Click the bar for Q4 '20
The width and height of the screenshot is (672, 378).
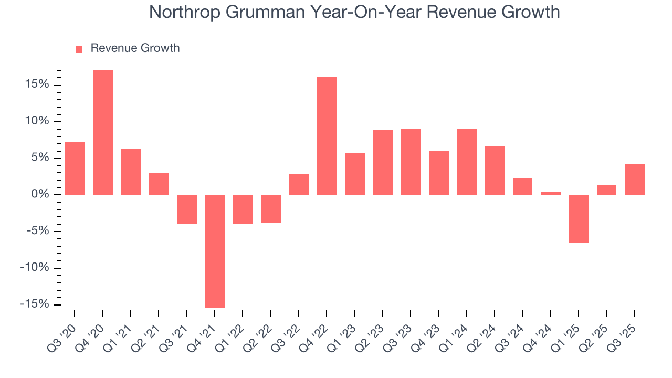point(103,132)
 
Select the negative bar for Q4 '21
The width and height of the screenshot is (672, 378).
point(215,251)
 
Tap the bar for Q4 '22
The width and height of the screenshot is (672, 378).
point(327,135)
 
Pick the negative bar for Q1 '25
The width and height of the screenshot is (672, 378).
point(579,219)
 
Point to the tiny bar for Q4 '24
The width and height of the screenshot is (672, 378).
point(551,193)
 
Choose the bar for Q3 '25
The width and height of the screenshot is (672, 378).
point(635,179)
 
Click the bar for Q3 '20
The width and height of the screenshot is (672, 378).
point(75,169)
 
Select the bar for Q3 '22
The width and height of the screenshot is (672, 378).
point(299,184)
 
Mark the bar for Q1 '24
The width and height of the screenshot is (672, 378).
point(467,162)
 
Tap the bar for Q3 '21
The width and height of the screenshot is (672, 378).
point(187,209)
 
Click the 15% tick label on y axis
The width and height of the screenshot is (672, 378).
point(36,85)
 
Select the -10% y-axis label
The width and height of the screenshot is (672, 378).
point(34,268)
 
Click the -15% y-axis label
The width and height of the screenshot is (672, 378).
point(34,304)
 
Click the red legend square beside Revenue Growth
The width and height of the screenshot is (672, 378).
point(79,49)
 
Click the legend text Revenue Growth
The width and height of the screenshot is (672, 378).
point(135,48)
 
